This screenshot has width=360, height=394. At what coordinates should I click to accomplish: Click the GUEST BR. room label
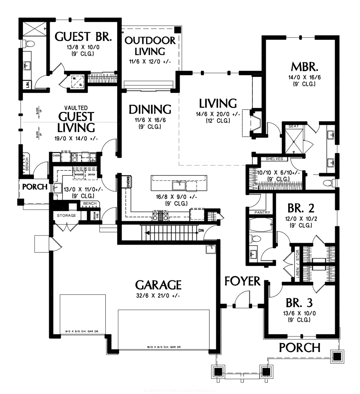pos(83,36)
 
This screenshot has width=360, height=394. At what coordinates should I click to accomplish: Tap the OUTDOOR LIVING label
pos(150,46)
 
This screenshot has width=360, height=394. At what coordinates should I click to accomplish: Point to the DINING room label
pos(150,109)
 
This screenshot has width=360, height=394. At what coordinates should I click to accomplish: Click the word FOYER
pos(243,281)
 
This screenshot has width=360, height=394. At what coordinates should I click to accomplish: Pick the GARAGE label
pos(158,284)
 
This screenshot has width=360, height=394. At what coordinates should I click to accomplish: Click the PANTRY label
pos(262,212)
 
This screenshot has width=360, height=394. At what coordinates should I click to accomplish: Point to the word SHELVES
pos(274,159)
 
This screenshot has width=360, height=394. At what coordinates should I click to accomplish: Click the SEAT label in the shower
pos(292,126)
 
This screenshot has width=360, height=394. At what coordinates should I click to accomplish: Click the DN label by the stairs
pos(201,230)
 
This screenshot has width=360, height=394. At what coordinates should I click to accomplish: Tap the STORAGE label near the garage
pos(67,215)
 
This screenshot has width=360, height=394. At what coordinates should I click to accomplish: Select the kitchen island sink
pos(179,186)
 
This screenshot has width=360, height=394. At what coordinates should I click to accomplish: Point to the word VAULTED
pos(76,108)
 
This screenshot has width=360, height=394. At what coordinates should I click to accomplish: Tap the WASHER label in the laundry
pos(79,175)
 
